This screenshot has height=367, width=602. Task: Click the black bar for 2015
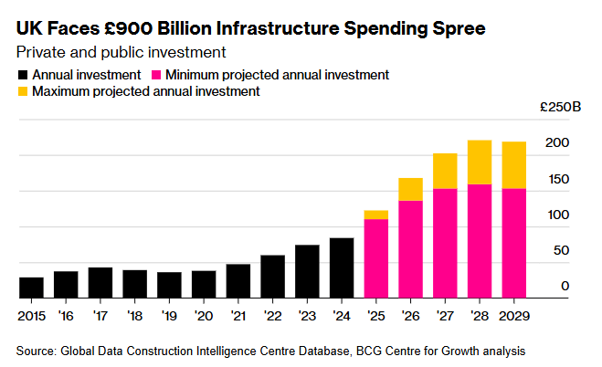(31, 288)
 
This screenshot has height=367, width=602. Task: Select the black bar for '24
(342, 268)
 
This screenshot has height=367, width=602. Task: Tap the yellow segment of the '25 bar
(376, 215)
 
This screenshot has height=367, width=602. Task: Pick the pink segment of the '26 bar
(411, 249)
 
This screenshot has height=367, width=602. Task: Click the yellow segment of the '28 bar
(480, 163)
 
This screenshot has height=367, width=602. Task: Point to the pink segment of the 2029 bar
(514, 243)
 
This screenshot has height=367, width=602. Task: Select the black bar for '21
(238, 281)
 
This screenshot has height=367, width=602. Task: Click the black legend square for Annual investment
(23, 75)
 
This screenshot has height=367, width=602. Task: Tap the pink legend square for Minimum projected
(156, 75)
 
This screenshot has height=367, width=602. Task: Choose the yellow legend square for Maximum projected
(23, 91)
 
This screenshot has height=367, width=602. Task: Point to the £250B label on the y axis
(561, 107)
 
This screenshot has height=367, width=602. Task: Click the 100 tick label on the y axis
(559, 215)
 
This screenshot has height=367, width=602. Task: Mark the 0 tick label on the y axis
(565, 286)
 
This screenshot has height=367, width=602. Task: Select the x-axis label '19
(169, 316)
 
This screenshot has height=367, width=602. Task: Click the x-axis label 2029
(514, 316)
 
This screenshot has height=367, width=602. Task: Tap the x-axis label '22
(272, 316)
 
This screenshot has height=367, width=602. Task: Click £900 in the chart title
(128, 29)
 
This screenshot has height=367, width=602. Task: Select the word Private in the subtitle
(41, 52)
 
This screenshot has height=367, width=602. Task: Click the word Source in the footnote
(37, 351)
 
